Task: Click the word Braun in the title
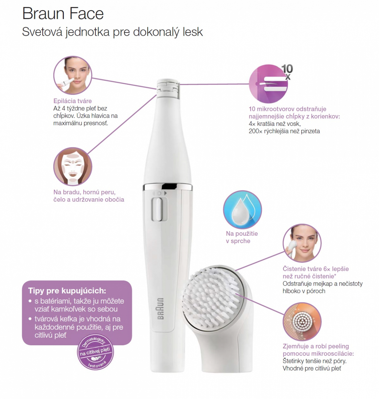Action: (43, 14)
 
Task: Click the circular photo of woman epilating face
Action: (73, 75)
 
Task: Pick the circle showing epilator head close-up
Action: (268, 84)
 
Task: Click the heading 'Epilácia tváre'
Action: (73, 101)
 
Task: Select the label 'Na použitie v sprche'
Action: (242, 237)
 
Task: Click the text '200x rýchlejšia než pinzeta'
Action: (284, 131)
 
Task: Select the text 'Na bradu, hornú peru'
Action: (85, 192)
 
